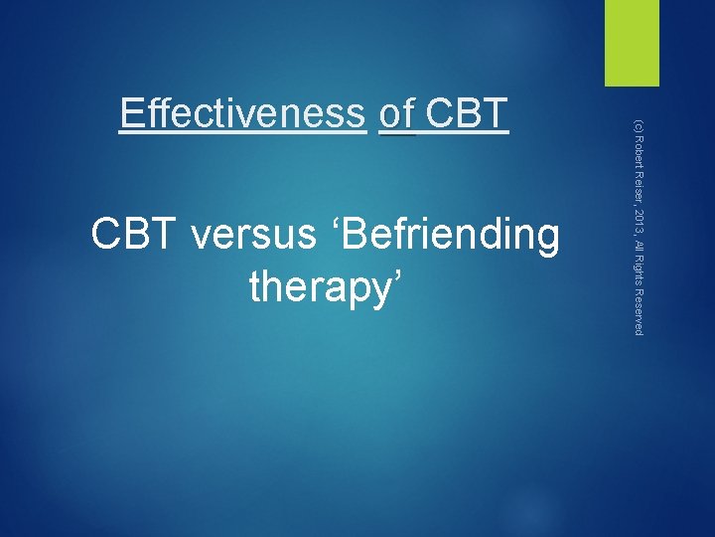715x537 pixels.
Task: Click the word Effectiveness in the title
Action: click(241, 114)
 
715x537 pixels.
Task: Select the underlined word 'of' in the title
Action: click(397, 114)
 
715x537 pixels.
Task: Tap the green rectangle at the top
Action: click(633, 43)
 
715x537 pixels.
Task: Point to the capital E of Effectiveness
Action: click(129, 114)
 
